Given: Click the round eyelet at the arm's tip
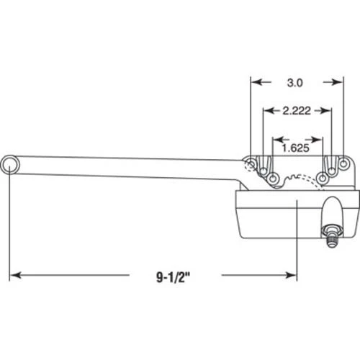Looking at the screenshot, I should (x=12, y=166).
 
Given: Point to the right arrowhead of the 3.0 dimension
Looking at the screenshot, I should (x=338, y=82).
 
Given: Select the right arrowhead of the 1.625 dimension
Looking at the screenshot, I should (x=318, y=138).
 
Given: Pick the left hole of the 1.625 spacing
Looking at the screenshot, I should (x=274, y=176).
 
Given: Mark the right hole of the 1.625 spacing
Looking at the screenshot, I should (x=323, y=176).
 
